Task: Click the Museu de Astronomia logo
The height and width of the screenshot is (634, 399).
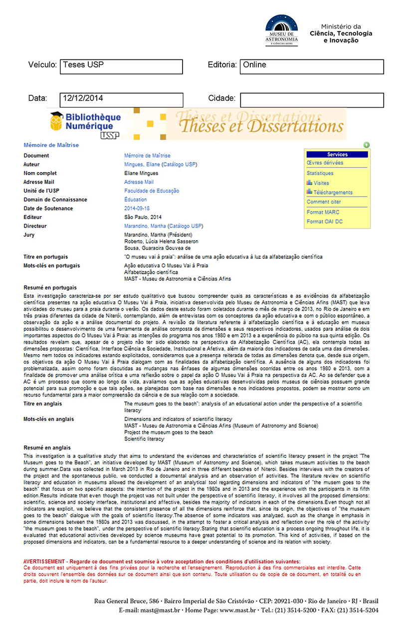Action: click(x=282, y=30)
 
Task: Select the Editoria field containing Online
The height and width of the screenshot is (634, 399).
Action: click(x=312, y=66)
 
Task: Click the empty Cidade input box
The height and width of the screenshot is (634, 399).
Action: click(x=312, y=100)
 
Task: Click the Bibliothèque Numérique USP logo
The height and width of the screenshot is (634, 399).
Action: click(x=85, y=123)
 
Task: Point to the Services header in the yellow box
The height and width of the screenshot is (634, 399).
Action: click(x=337, y=155)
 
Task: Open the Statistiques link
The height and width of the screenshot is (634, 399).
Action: click(x=320, y=173)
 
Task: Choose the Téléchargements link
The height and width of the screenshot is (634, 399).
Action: click(x=333, y=192)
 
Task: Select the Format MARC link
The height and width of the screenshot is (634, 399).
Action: click(x=323, y=212)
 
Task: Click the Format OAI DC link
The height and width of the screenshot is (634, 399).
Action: click(x=325, y=221)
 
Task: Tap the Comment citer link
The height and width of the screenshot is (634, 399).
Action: click(x=324, y=202)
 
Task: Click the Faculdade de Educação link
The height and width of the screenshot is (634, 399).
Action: click(x=152, y=191)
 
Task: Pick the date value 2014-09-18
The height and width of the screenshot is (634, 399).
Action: click(x=137, y=209)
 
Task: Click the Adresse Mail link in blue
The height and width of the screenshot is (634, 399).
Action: click(x=139, y=182)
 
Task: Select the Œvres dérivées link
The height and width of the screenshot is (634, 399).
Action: click(x=325, y=163)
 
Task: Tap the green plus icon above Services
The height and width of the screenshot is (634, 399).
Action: click(x=367, y=145)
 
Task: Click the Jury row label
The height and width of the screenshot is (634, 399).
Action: click(x=29, y=234)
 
